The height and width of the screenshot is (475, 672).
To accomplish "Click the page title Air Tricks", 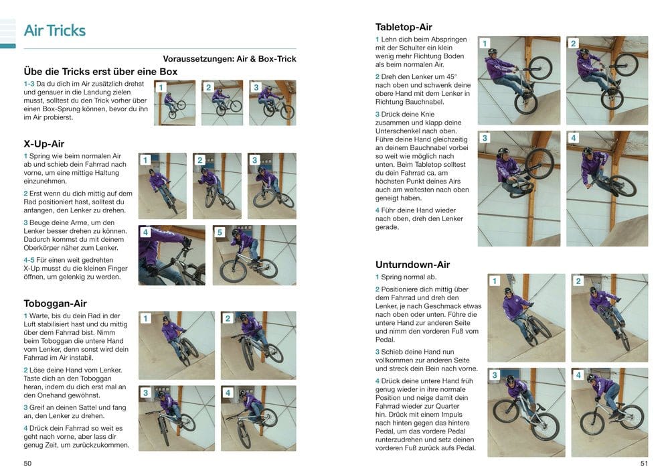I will coord(54,31).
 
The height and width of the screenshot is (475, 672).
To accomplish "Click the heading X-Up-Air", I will coord(44,143).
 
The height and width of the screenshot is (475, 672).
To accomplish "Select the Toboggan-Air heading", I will coord(55,303).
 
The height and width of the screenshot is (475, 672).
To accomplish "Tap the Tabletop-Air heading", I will coord(404,27).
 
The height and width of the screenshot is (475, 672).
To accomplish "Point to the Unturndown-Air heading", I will coord(412,264).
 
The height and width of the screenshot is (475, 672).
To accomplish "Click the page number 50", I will coord(27,463).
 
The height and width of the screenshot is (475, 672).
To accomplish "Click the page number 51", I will coord(643,463).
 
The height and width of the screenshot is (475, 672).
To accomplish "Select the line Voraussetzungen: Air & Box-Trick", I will coord(229,59).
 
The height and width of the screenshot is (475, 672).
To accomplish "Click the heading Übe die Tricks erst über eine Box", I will coord(100,71).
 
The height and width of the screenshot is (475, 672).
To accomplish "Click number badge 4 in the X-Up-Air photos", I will coord(145,232).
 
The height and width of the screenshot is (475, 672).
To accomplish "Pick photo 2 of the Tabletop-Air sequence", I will coord(607,80).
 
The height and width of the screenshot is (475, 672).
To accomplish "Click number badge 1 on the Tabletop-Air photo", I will coord(485,44).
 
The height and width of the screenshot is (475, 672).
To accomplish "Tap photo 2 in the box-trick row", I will coord(222,103).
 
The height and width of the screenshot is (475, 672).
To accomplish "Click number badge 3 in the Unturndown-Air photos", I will coord(495,375).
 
